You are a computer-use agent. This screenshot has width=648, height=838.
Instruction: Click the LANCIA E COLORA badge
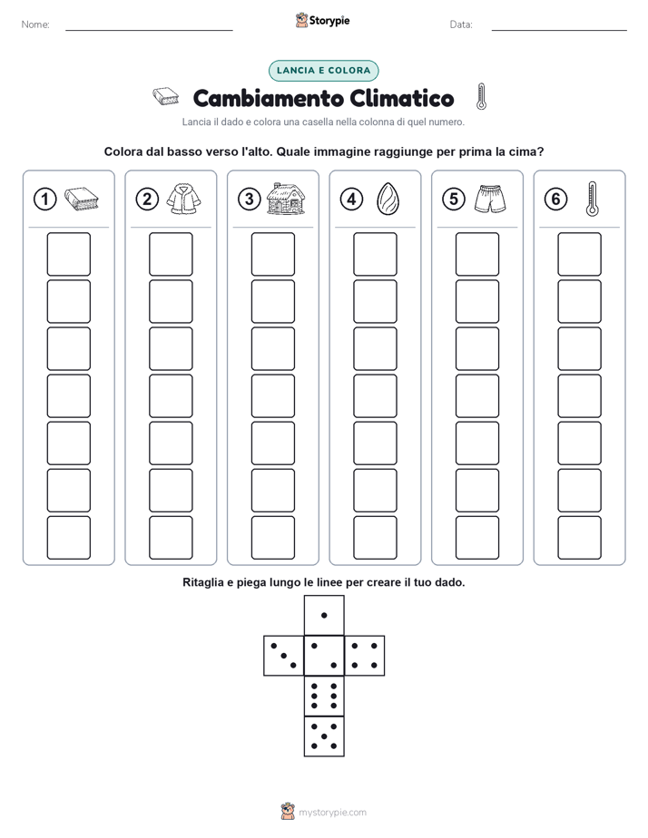click(x=323, y=71)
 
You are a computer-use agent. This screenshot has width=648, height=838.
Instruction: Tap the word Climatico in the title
click(x=402, y=98)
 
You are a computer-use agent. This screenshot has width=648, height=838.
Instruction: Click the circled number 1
click(x=44, y=200)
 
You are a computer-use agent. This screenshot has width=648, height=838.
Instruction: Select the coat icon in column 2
click(x=183, y=199)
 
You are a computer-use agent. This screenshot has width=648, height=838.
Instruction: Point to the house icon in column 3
click(x=286, y=199)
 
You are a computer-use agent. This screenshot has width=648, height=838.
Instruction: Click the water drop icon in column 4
click(x=388, y=199)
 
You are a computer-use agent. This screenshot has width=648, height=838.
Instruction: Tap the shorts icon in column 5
click(x=490, y=199)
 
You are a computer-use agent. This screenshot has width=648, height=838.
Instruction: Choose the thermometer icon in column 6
click(x=592, y=199)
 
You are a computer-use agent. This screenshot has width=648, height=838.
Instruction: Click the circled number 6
click(x=555, y=200)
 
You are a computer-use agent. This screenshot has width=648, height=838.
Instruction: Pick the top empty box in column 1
click(x=68, y=254)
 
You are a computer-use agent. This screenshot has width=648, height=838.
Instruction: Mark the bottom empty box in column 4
click(x=375, y=538)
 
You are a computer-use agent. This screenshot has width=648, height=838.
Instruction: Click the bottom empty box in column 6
click(x=579, y=538)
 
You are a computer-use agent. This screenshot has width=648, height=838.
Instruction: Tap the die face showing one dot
click(x=324, y=616)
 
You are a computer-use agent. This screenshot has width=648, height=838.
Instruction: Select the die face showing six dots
click(x=324, y=696)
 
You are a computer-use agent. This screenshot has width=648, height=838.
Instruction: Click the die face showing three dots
click(x=284, y=655)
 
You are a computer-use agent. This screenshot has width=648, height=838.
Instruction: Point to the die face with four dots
click(x=365, y=655)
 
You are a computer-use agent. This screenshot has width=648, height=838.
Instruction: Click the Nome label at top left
click(x=35, y=24)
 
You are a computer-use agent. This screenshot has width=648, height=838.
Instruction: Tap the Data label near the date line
click(x=461, y=24)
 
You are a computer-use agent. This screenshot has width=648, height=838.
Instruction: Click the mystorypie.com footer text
click(x=332, y=813)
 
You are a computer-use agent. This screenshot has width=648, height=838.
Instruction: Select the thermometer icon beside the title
click(x=481, y=97)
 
